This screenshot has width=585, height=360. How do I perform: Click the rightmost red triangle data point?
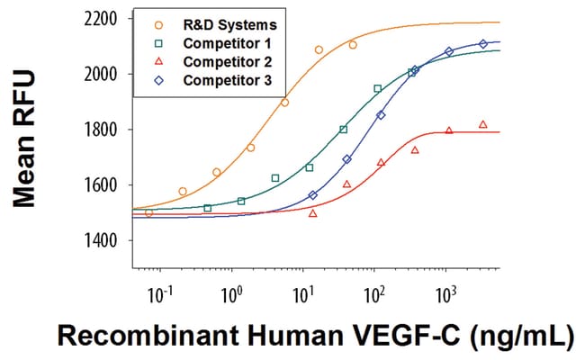483,124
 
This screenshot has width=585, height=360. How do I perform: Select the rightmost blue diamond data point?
483,43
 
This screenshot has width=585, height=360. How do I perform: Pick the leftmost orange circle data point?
148,212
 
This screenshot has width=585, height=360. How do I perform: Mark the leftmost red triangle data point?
312,213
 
